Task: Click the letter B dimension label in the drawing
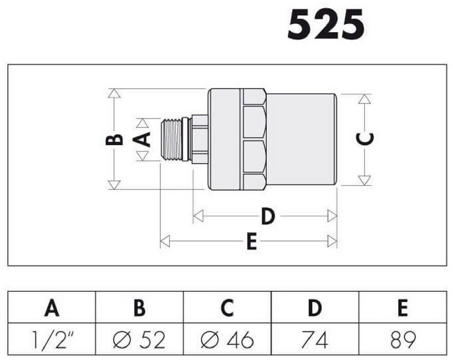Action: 114,139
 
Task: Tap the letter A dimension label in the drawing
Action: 142,139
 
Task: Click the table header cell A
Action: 52,308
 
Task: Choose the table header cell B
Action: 140,308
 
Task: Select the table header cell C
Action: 227,308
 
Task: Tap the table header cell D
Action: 315,308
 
